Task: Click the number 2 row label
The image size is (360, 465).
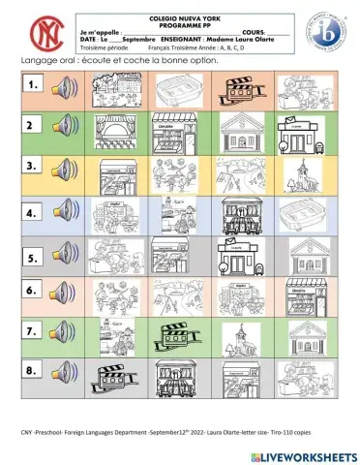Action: (x=32, y=127)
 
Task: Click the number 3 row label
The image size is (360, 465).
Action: (x=33, y=166)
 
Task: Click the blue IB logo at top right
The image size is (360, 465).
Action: (x=326, y=31)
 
